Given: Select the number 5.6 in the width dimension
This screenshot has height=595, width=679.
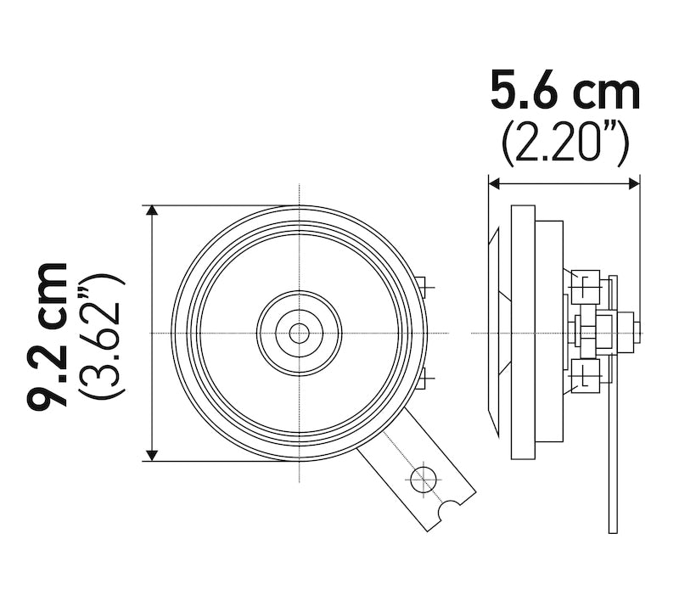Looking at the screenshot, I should (x=526, y=92).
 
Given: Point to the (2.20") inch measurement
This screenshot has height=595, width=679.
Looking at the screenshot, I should (x=564, y=144).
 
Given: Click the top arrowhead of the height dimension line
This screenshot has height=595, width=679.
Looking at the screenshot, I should (x=152, y=211).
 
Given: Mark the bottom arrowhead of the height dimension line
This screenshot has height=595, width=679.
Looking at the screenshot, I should (x=152, y=455).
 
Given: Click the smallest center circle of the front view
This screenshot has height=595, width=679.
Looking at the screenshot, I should (x=299, y=333).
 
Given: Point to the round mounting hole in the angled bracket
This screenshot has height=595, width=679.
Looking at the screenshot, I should (x=423, y=480).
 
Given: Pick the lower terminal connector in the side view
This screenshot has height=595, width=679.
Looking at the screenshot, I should (x=586, y=375).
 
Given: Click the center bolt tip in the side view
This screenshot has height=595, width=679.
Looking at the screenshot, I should (x=629, y=332).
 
